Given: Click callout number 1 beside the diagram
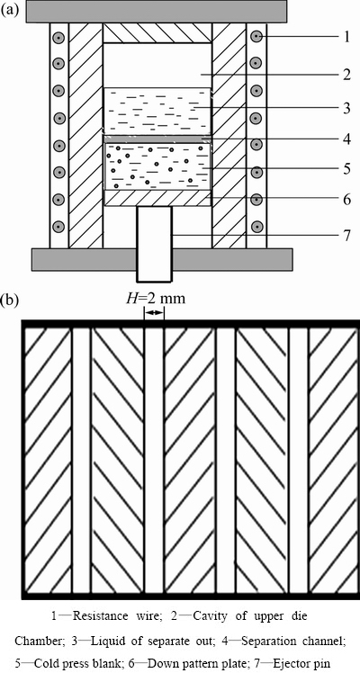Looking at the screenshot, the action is pyautogui.click(x=346, y=38).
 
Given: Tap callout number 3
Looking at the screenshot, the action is pyautogui.click(x=346, y=106).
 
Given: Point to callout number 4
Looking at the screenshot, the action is pyautogui.click(x=346, y=139).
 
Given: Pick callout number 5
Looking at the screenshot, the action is pyautogui.click(x=346, y=168).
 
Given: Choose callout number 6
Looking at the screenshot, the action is pyautogui.click(x=346, y=199).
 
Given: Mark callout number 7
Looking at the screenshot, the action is pyautogui.click(x=346, y=235).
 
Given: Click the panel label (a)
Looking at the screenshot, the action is pyautogui.click(x=10, y=9).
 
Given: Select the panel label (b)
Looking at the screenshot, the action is pyautogui.click(x=10, y=300).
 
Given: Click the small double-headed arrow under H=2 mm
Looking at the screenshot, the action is pyautogui.click(x=154, y=313).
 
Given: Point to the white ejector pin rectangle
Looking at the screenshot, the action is pyautogui.click(x=155, y=243).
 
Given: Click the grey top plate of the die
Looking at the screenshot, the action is pyautogui.click(x=157, y=11).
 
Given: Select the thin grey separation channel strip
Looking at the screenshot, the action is pyautogui.click(x=157, y=139).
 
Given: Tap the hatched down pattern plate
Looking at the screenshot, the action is pyautogui.click(x=157, y=198).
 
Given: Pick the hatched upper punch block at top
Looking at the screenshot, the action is pyautogui.click(x=157, y=32).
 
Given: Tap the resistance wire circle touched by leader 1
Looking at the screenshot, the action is pyautogui.click(x=256, y=38).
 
